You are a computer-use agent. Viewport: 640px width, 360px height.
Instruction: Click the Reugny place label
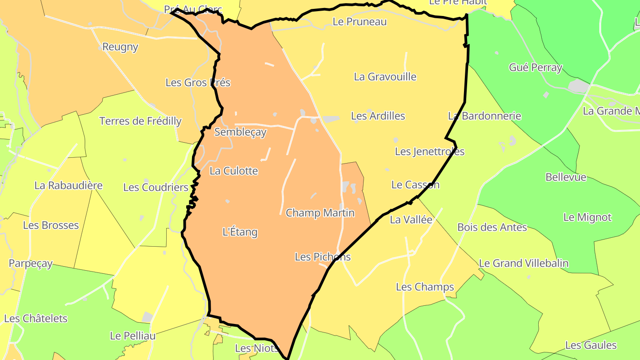[x=120, y=47]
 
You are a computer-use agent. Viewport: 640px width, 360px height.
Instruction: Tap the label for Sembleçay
[x=240, y=132]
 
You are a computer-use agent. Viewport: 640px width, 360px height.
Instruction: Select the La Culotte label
[x=234, y=171]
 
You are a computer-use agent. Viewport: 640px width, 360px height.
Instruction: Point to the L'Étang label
[x=240, y=232]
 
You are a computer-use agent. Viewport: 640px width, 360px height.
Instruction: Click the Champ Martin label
[x=320, y=213]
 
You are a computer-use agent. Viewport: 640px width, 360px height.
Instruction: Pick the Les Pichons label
[x=323, y=257]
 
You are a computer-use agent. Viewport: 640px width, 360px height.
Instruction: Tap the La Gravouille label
[x=385, y=77]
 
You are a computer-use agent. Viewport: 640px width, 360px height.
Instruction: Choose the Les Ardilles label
[x=378, y=116]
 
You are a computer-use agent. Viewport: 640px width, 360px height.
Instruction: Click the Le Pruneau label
[x=360, y=22]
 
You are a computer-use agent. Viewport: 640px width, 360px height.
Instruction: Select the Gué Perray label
[x=536, y=68]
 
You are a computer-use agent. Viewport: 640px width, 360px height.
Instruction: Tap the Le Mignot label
[x=587, y=218]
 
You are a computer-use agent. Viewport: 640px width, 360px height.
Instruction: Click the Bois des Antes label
[x=492, y=228]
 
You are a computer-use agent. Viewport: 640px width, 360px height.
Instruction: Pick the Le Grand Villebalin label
[x=524, y=263]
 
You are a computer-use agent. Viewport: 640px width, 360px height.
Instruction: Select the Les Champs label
[x=425, y=287]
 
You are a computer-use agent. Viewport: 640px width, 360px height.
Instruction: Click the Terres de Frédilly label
[x=140, y=121]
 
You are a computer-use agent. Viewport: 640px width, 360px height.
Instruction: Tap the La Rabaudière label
[x=68, y=185]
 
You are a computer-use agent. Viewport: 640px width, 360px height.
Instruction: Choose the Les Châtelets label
[x=36, y=319]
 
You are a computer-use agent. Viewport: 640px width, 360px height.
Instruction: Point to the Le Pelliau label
[x=133, y=336]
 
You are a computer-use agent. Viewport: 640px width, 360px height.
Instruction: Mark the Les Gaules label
[x=591, y=345]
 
